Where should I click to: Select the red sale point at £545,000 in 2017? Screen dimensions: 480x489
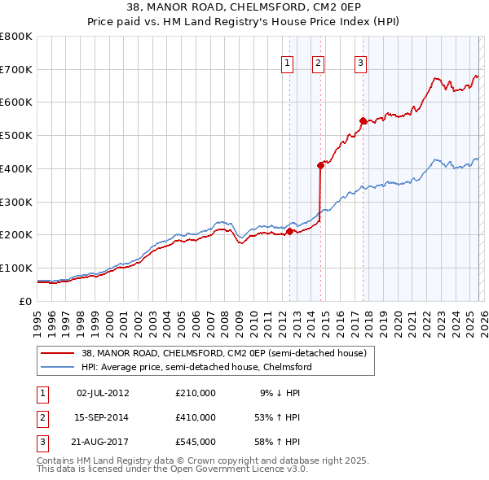coord(363,120)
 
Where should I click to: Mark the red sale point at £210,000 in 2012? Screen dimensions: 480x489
coord(289,232)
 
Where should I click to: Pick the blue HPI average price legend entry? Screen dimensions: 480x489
coord(196,367)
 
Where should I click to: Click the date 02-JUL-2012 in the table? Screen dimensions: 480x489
coord(103,393)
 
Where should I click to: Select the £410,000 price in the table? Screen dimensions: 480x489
coord(196,417)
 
